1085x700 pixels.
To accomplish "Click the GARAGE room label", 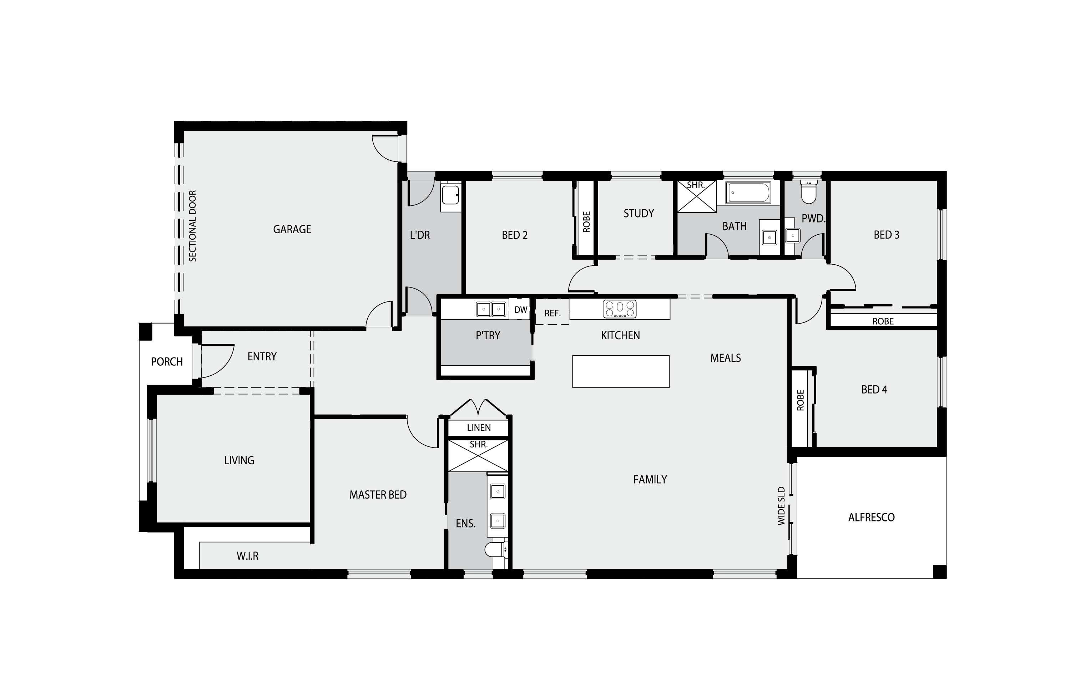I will click(292, 230).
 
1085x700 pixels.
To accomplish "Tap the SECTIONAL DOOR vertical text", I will click(193, 226).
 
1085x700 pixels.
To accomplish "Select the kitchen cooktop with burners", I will click(620, 309).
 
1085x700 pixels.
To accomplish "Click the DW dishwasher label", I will click(520, 310).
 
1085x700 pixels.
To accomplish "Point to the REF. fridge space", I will click(552, 313).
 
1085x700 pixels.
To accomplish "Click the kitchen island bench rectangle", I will click(620, 371).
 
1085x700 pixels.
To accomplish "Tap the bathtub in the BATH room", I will click(748, 193).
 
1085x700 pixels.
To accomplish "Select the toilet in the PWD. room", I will click(808, 194).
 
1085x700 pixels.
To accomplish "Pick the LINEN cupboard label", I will click(479, 428).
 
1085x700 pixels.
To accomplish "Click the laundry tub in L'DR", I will click(450, 195).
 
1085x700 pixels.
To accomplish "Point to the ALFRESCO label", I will click(871, 517).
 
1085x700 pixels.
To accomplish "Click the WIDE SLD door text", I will click(781, 506).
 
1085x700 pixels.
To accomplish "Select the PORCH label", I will click(167, 362).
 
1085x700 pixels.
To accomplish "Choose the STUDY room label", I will click(638, 214).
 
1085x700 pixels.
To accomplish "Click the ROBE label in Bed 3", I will click(882, 321).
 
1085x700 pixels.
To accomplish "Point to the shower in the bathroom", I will click(696, 196).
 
